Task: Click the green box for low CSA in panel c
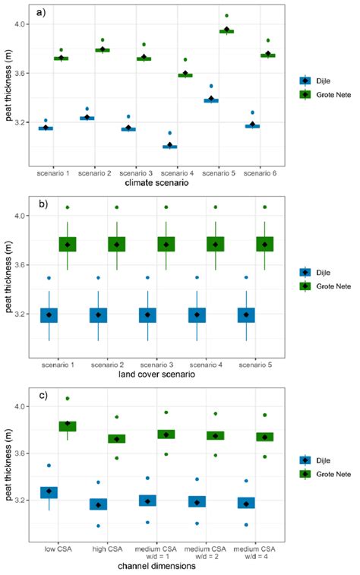(68, 426)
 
